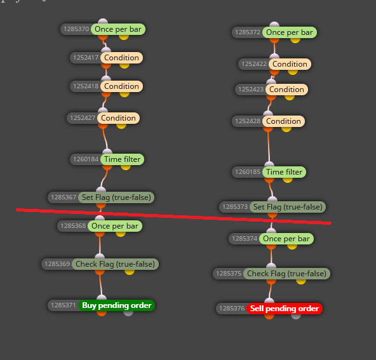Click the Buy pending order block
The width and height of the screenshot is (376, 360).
[116, 305]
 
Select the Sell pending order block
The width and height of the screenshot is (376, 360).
[285, 309]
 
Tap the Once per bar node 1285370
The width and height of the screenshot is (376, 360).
[118, 29]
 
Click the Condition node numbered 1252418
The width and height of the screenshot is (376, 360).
[121, 86]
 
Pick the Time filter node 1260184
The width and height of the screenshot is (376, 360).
[122, 159]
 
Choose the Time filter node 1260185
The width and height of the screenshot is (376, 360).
[284, 172]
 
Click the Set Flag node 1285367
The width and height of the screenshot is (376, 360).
[116, 197]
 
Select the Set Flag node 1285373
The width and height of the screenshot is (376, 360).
[288, 207]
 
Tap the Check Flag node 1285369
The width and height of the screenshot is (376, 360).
[115, 264]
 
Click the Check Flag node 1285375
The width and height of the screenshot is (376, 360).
[286, 274]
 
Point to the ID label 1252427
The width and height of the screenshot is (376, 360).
[83, 118]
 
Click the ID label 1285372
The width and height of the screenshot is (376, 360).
[248, 32]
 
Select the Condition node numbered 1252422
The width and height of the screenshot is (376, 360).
[290, 64]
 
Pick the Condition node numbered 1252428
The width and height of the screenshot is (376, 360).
[283, 121]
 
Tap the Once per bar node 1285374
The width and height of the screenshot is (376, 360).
[286, 239]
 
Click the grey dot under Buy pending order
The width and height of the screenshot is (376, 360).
[128, 312]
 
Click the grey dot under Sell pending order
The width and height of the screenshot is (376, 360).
[296, 316]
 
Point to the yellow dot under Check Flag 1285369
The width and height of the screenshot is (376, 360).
[130, 272]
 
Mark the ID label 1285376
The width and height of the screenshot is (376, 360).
[232, 309]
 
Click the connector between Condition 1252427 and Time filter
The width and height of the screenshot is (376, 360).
[105, 139]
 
